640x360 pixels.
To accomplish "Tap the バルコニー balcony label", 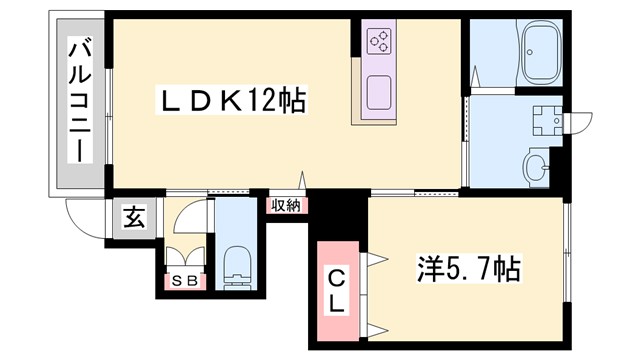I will click(x=76, y=101).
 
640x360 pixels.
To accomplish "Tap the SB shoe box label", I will click(x=185, y=279).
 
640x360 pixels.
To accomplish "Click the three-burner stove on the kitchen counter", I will click(x=380, y=41).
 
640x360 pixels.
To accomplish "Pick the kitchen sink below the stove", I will click(x=379, y=94).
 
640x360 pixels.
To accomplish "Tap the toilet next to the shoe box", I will click(x=236, y=263).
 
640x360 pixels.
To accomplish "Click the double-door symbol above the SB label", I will click(x=185, y=256).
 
